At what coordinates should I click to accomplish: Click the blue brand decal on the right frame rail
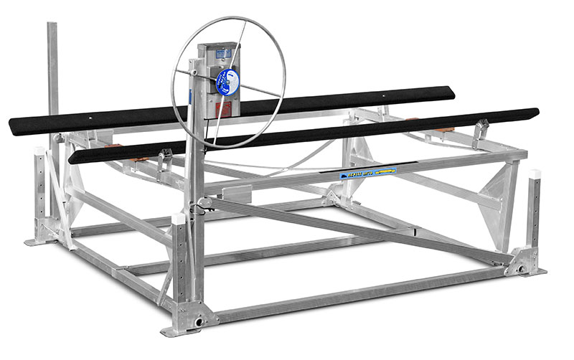[368, 174]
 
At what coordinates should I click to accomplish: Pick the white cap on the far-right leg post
[534, 174]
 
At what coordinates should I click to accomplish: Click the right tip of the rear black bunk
[453, 91]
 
